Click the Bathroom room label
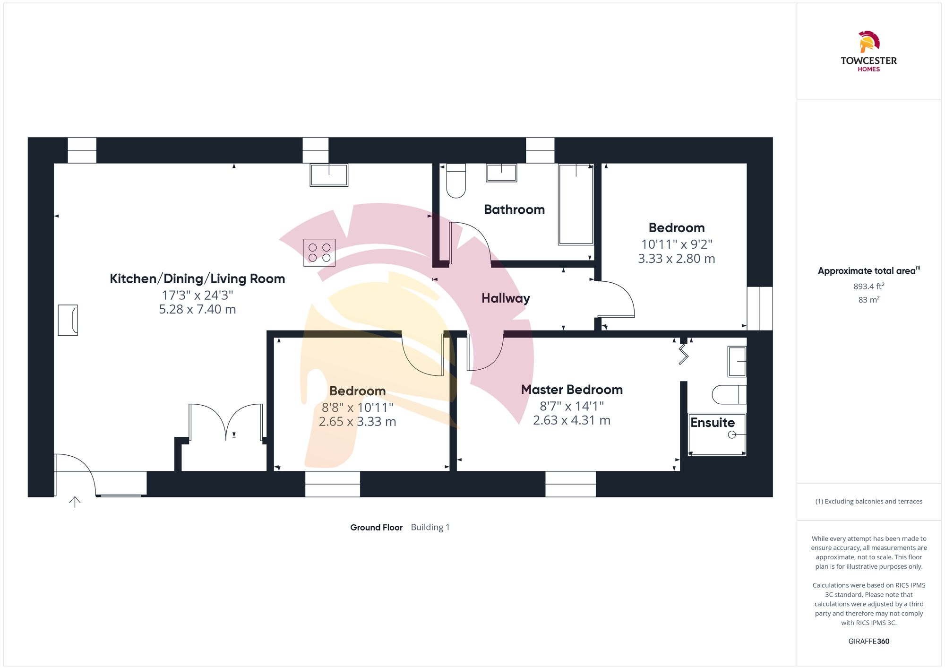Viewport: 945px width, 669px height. pos(514,209)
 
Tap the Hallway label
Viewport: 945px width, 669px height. pos(506,298)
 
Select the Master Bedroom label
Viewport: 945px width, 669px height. pos(572,390)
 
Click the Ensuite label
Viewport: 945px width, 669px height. pos(713,423)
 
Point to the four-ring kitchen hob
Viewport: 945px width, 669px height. pos(319,252)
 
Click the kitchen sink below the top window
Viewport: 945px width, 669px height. pos(329,175)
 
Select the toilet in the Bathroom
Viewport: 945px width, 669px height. pos(456,181)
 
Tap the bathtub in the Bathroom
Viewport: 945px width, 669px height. pos(576,204)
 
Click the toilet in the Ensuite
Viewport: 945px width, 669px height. pos(729,395)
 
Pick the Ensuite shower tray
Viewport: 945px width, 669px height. pos(717,434)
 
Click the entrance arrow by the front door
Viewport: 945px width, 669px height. pos(75,502)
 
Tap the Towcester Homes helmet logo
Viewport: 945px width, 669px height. pos(868,42)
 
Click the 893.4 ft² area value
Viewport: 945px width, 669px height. pos(868,286)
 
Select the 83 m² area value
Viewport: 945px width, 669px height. pos(868,300)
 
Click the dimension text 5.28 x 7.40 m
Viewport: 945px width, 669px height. pos(197,309)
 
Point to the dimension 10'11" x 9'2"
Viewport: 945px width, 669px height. pos(676,244)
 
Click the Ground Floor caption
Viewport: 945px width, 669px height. pos(376,527)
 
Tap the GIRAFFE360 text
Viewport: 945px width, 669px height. pos(868,642)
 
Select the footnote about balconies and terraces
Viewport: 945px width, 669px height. pos(868,502)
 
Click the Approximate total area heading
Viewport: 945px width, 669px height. pos(868,271)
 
